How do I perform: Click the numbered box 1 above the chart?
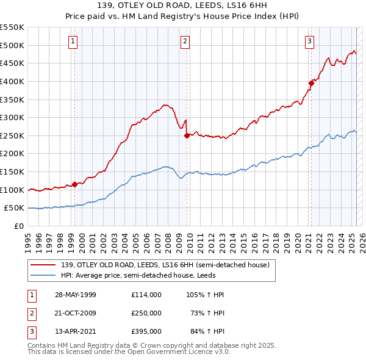point(73,41)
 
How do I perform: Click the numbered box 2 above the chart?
point(185,41)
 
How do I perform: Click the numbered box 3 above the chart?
point(309,41)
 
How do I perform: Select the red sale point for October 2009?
point(187,135)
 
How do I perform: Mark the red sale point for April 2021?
point(311,83)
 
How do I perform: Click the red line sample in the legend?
point(43,264)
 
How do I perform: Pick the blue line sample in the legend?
point(43,275)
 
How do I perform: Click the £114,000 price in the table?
point(146,295)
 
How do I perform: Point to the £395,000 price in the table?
point(146,331)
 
